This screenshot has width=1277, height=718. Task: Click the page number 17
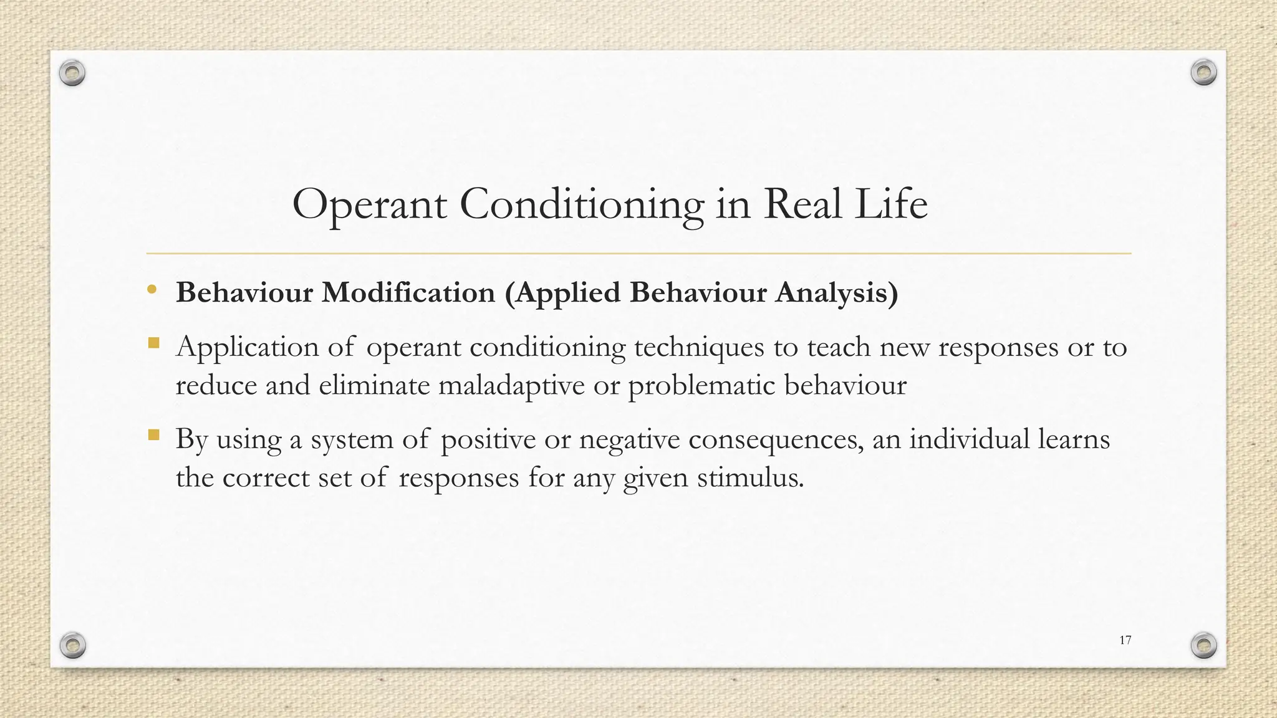click(1125, 640)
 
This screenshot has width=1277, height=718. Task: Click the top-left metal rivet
click(72, 74)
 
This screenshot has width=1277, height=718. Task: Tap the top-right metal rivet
click(1203, 73)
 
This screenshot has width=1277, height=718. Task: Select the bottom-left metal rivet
click(72, 645)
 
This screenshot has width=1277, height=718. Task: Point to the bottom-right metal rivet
click(1203, 645)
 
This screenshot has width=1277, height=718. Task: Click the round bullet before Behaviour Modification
click(152, 290)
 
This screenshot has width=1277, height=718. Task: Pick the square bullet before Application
click(153, 343)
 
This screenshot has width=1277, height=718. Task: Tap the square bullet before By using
click(153, 434)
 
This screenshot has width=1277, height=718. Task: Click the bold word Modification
click(408, 293)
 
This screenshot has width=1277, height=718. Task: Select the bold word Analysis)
click(836, 293)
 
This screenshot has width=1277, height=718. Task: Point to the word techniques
click(699, 347)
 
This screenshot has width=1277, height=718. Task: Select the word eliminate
click(373, 385)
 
